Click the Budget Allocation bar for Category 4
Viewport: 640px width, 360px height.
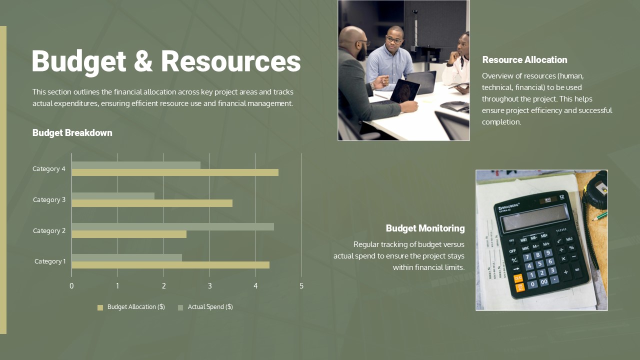coord(175,172)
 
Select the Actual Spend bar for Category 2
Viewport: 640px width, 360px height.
coord(172,226)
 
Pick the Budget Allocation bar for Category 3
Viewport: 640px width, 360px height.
coord(152,203)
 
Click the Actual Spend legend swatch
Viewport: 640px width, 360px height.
coord(180,307)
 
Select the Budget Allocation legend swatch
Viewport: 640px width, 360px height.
coord(100,307)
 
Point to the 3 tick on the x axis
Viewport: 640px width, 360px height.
coord(209,286)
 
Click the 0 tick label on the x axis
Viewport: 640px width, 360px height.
coord(71,286)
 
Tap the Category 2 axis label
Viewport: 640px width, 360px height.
coord(49,230)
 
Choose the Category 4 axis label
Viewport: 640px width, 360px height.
coord(49,169)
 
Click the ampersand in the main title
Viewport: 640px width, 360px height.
coord(143,61)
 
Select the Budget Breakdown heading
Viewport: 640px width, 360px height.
coord(72,133)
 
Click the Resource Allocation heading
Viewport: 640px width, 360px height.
coord(524,60)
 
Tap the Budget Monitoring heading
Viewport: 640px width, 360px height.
coord(425,228)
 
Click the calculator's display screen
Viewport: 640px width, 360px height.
coord(535,217)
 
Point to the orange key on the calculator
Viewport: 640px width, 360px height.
coord(518,278)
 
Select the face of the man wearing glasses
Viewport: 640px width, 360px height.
coord(394,40)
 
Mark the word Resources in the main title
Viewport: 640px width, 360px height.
coord(230,61)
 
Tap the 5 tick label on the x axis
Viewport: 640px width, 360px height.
coord(301,286)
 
